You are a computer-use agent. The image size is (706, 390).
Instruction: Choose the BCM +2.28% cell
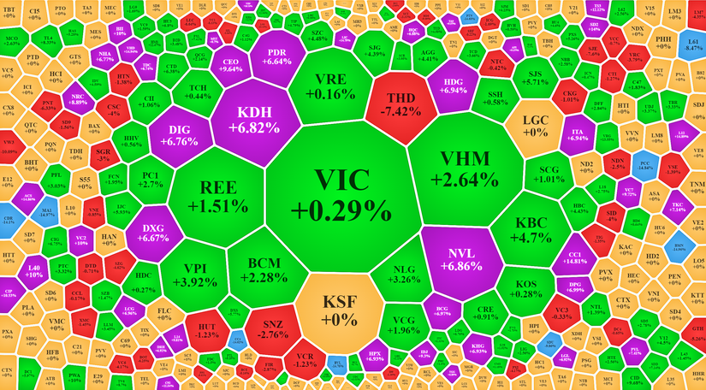click(x=264, y=269)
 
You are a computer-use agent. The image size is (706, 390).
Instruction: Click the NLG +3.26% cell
click(x=403, y=273)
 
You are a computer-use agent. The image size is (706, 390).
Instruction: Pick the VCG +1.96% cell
click(x=402, y=325)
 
